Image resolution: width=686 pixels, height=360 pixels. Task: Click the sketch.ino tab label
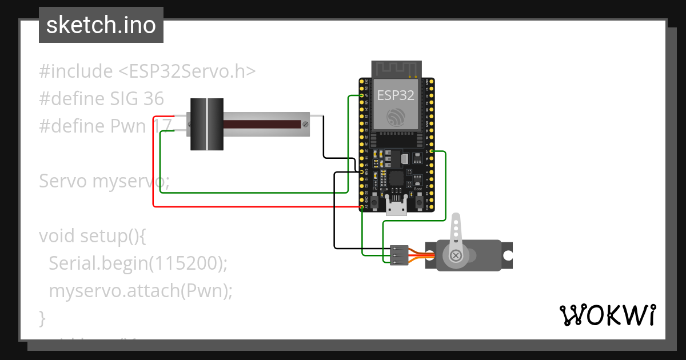pyautogui.click(x=101, y=25)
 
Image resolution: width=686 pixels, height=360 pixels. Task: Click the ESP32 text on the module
pyautogui.click(x=396, y=95)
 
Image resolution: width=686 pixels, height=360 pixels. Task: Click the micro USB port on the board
pyautogui.click(x=396, y=206)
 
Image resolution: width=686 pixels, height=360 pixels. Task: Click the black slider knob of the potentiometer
pyautogui.click(x=206, y=125)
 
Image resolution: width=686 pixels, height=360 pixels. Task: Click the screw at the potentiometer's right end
pyautogui.click(x=306, y=124)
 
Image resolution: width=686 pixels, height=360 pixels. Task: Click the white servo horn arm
pyautogui.click(x=456, y=231)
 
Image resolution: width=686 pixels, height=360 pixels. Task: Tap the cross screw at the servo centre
pyautogui.click(x=456, y=255)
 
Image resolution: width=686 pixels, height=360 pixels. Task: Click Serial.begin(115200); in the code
pyautogui.click(x=138, y=263)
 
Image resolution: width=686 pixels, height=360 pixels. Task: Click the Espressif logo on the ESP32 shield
pyautogui.click(x=396, y=117)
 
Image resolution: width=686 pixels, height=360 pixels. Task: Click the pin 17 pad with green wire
pyautogui.click(x=430, y=151)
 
